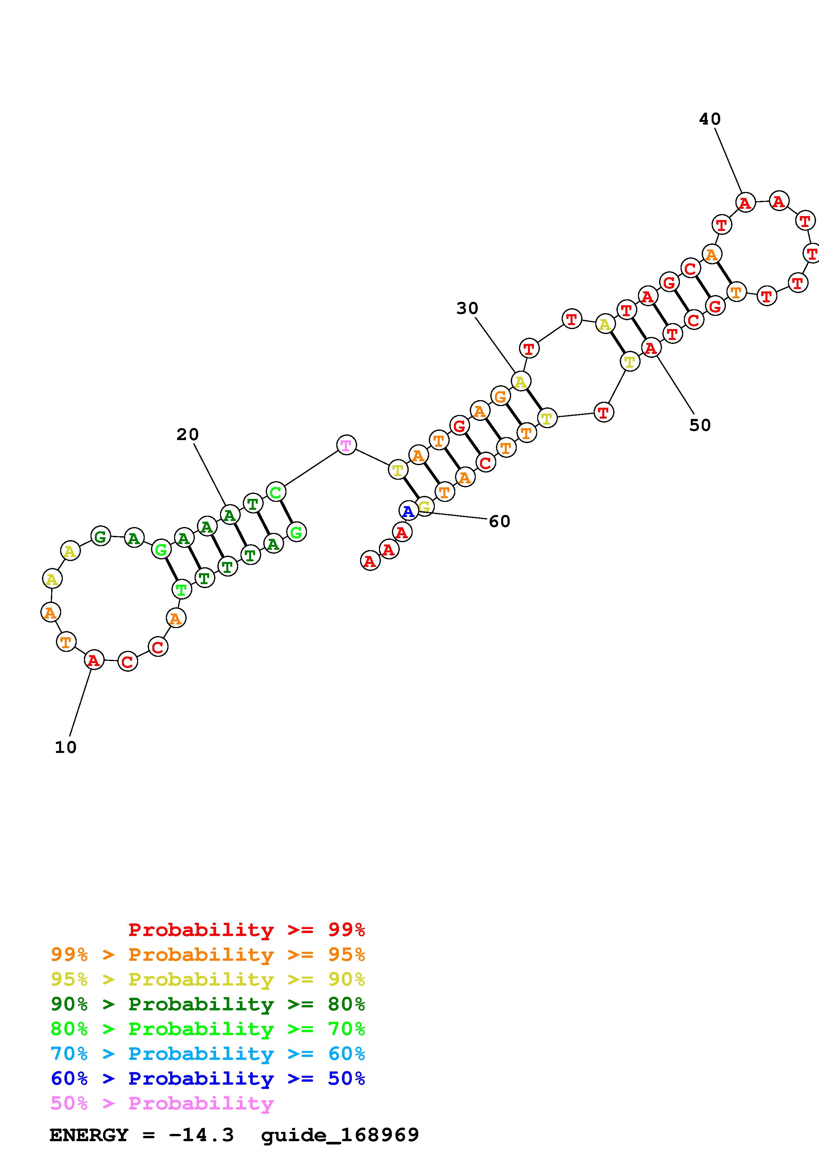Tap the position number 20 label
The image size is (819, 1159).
click(x=187, y=434)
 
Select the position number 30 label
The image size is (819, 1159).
click(x=467, y=308)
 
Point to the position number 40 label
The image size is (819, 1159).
click(x=710, y=119)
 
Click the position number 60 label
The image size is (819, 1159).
click(x=500, y=521)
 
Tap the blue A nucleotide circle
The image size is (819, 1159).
click(x=408, y=511)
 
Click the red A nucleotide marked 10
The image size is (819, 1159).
click(x=93, y=660)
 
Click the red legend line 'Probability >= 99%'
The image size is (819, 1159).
click(x=246, y=929)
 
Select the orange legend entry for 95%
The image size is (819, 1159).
click(x=208, y=954)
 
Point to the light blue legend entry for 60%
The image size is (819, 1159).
click(x=208, y=1054)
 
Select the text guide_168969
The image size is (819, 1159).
click(x=340, y=1135)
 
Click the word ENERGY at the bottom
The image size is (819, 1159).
click(x=89, y=1135)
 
